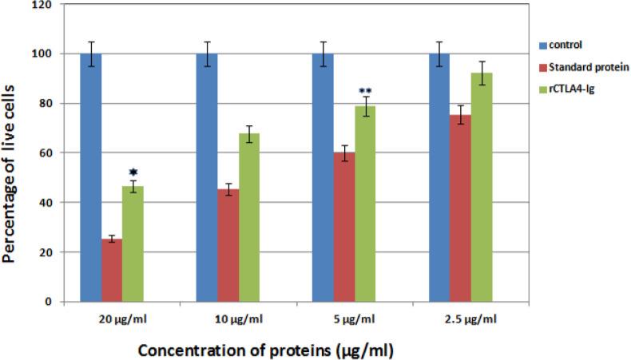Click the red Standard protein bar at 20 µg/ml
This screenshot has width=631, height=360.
coord(112,270)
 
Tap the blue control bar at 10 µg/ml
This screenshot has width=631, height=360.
coord(207,177)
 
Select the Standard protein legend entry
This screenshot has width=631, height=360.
coord(587,67)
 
